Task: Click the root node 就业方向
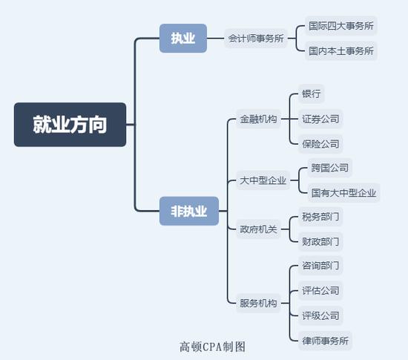[x=70, y=125]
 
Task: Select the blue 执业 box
[x=183, y=39]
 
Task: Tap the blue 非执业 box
[x=189, y=211]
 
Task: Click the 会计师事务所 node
[x=256, y=39]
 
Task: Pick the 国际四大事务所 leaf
[x=341, y=26]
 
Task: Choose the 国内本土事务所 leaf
[x=341, y=50]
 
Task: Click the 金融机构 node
[x=258, y=119]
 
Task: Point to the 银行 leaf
[x=312, y=94]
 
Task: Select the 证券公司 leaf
[x=320, y=119]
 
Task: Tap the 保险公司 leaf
[x=320, y=144]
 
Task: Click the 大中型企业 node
[x=263, y=180]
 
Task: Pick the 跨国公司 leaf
[x=329, y=168]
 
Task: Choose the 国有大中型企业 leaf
[x=343, y=193]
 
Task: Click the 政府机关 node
[x=258, y=229]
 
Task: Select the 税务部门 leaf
[x=320, y=217]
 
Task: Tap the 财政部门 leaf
[x=320, y=241]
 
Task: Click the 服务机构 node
[x=258, y=303]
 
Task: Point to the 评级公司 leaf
[x=320, y=315]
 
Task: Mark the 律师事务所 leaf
[x=325, y=341]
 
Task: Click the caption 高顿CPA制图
[x=212, y=347]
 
